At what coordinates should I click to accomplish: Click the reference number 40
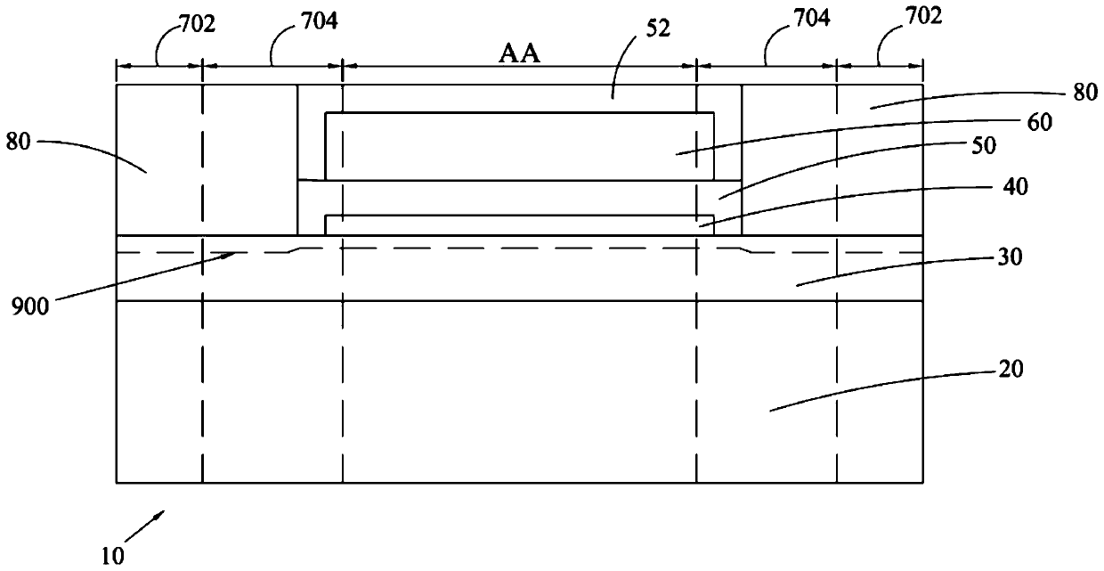point(1040,188)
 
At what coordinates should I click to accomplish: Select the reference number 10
point(112,555)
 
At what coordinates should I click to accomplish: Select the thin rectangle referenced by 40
point(516,224)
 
